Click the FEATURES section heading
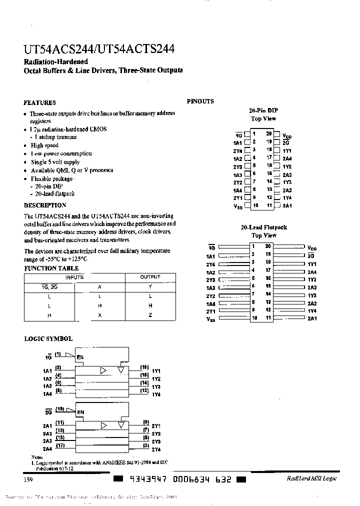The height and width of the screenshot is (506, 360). coord(40,102)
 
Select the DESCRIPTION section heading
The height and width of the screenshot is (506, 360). coord(45,205)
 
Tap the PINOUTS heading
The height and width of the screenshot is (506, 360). coord(200,101)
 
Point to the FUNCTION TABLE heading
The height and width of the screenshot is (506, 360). coord(48,268)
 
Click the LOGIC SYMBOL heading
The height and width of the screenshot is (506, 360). coord(48,338)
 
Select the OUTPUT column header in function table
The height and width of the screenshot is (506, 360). coord(150,277)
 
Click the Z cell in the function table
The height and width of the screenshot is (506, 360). coord(150,315)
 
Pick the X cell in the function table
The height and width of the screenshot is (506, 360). coord(100,315)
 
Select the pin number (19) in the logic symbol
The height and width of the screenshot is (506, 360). coord(59,408)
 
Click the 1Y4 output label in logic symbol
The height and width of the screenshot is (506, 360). coord(156,394)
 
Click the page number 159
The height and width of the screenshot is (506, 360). coord(28,479)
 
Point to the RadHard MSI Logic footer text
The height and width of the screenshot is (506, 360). coord(311,478)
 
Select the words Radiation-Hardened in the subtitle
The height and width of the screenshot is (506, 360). coord(56,61)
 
